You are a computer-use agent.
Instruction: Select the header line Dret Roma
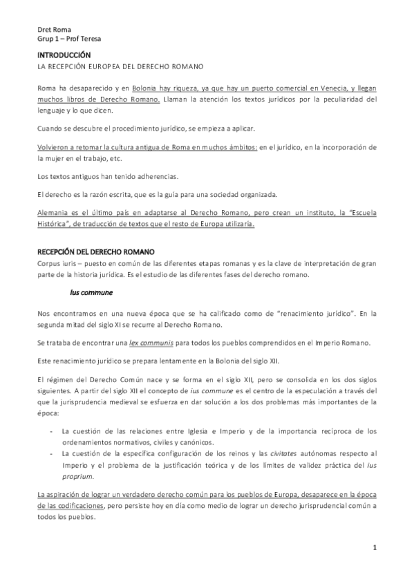54,30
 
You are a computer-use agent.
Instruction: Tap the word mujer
50,158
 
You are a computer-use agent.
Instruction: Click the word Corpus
50,263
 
